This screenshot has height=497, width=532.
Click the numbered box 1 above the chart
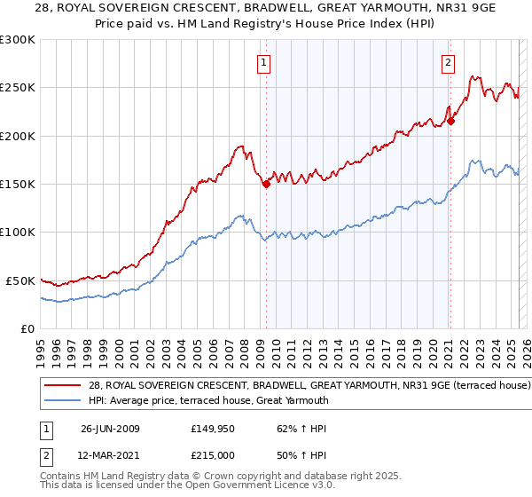click(265, 62)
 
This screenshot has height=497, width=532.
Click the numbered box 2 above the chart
click(449, 62)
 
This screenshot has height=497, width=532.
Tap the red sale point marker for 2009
click(266, 185)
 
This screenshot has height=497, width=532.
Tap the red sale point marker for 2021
click(450, 122)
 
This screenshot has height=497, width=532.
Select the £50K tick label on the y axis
click(20, 280)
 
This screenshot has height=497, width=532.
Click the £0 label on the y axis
click(27, 328)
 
